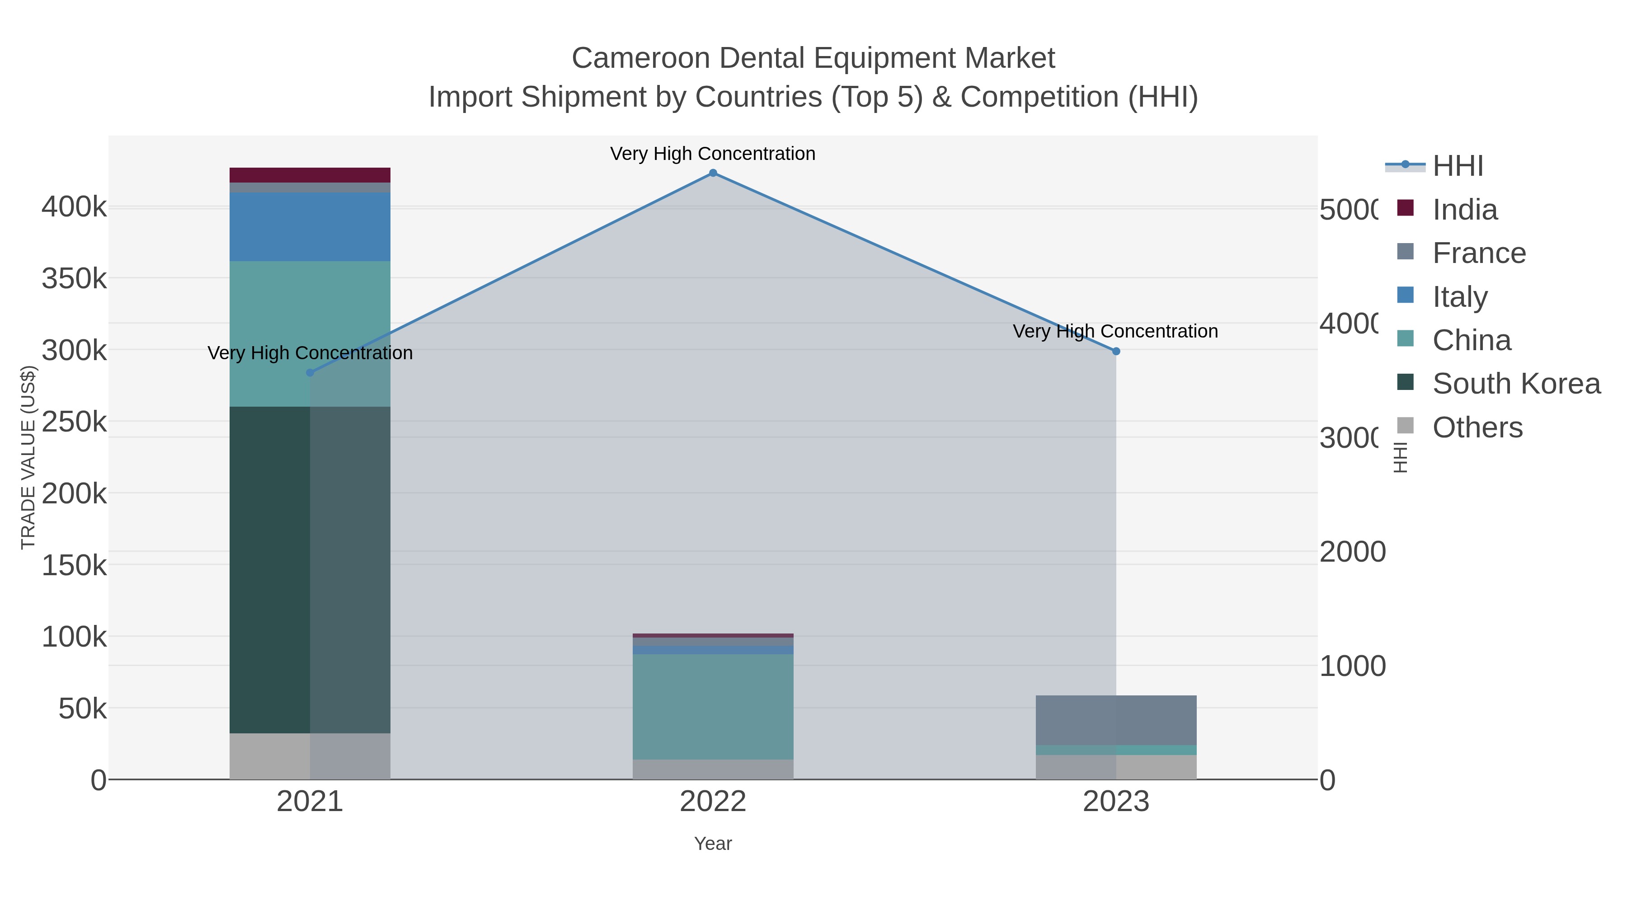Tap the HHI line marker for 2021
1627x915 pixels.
coord(310,373)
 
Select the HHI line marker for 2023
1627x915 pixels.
coord(1116,351)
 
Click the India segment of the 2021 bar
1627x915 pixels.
coord(310,175)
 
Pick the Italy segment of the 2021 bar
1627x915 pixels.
coord(310,227)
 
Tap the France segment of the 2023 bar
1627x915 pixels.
coord(1116,720)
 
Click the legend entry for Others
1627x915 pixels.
coord(1477,427)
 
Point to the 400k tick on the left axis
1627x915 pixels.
coord(74,206)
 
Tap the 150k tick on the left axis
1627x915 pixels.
coord(74,565)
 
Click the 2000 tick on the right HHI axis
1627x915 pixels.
coord(1352,552)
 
